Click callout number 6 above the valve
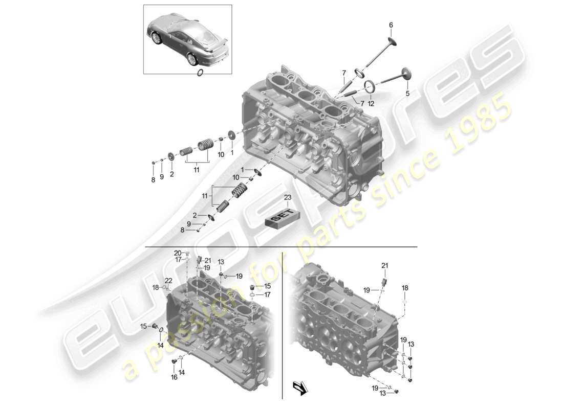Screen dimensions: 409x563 pyautogui.click(x=391, y=25)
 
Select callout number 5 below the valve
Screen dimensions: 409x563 pyautogui.click(x=407, y=94)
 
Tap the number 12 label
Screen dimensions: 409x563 pyautogui.click(x=371, y=104)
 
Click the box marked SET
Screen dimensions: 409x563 pyautogui.click(x=282, y=217)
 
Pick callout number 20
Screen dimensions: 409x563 pyautogui.click(x=178, y=253)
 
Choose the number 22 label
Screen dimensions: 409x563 pyautogui.click(x=168, y=280)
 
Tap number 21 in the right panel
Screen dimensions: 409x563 pyautogui.click(x=384, y=265)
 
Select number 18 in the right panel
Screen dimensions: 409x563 pyautogui.click(x=405, y=288)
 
